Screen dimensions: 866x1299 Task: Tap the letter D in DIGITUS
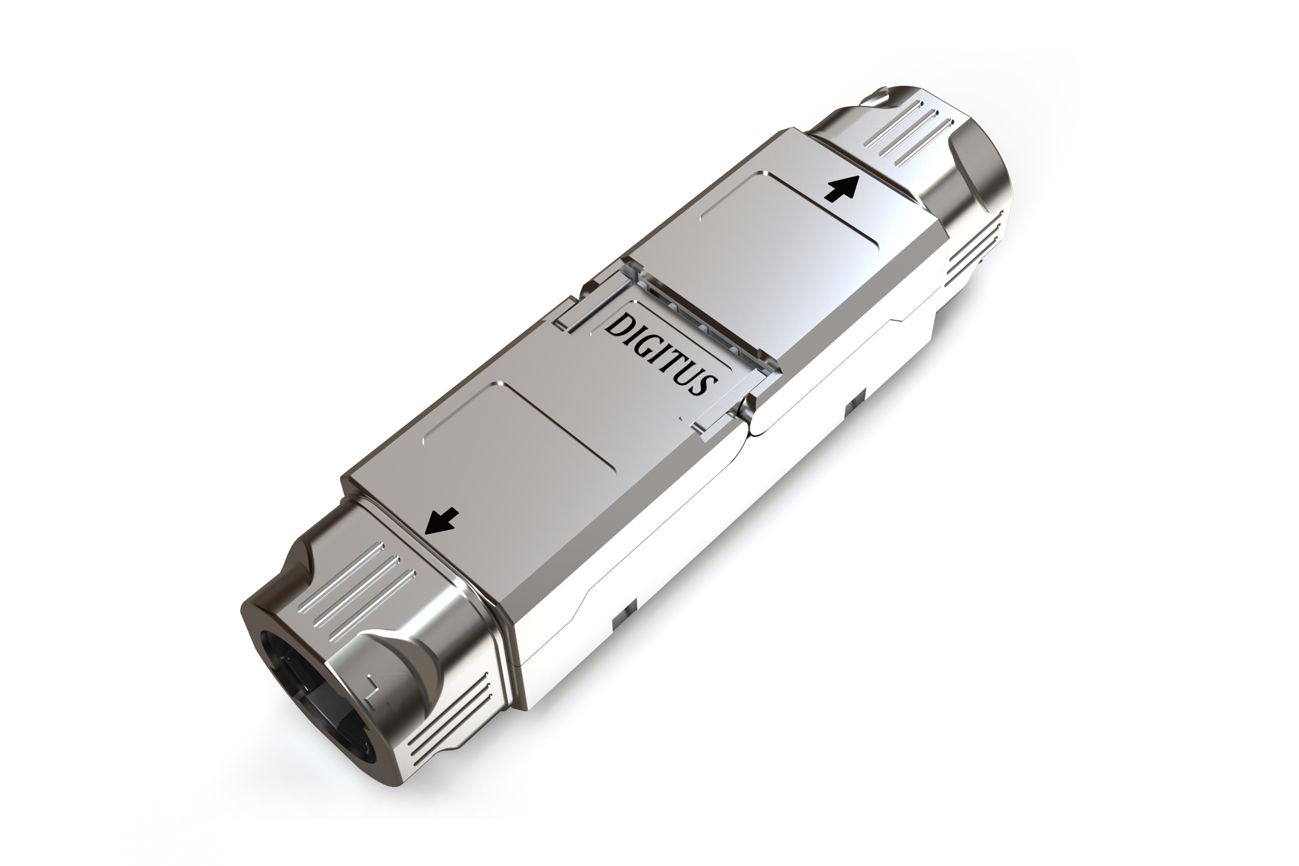click(616, 325)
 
